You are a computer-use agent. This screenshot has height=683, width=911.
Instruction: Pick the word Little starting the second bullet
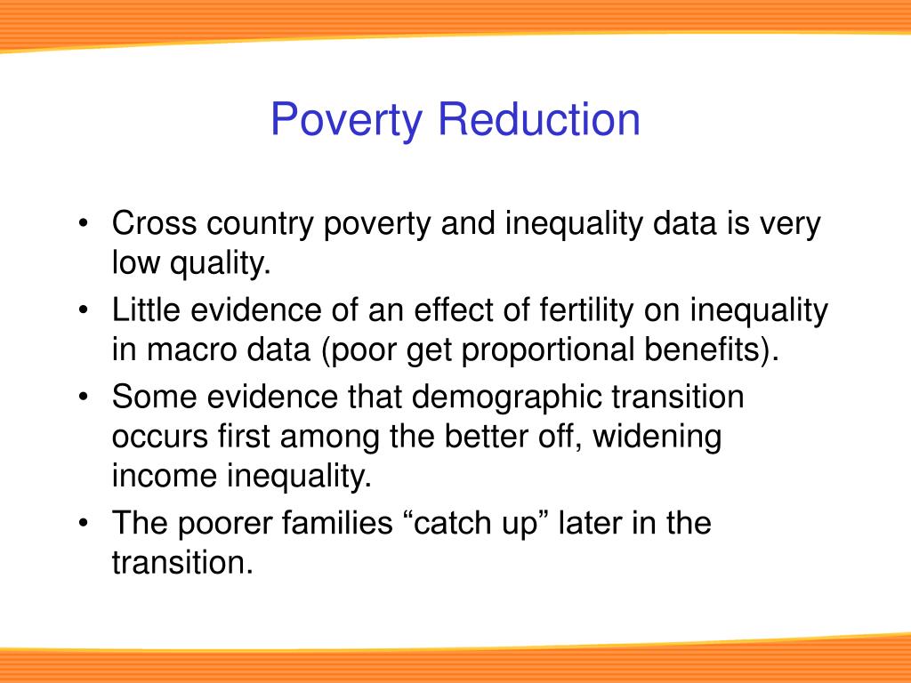click(143, 311)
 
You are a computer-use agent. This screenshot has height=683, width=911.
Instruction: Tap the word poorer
click(222, 524)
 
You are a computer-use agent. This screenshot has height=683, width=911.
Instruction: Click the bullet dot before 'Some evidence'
click(83, 398)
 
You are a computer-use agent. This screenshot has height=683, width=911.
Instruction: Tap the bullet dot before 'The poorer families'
click(83, 524)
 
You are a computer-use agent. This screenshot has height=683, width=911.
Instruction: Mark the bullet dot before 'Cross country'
click(83, 225)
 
